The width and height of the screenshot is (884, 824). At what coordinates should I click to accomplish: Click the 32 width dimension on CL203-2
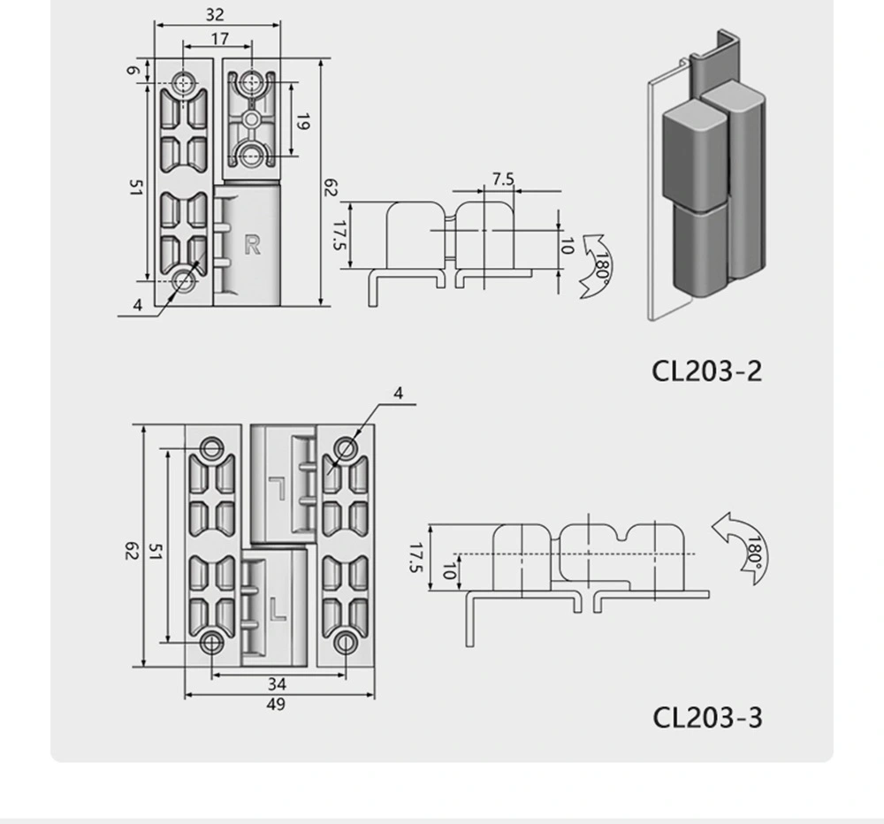214,14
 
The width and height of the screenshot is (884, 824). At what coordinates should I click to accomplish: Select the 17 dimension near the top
219,38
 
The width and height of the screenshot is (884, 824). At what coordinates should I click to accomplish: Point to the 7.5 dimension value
502,179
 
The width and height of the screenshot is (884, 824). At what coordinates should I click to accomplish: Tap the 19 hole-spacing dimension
302,122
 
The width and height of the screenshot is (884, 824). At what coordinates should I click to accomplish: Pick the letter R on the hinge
252,246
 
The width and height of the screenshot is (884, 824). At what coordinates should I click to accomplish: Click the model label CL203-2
706,370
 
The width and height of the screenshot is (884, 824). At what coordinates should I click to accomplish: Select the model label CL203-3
707,716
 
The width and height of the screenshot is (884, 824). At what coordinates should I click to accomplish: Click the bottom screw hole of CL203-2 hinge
186,280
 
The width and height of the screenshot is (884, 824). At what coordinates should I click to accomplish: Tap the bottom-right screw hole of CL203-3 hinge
346,643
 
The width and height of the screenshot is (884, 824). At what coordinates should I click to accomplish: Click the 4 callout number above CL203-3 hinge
398,393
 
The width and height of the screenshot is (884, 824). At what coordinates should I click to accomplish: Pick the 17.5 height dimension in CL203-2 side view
338,235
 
